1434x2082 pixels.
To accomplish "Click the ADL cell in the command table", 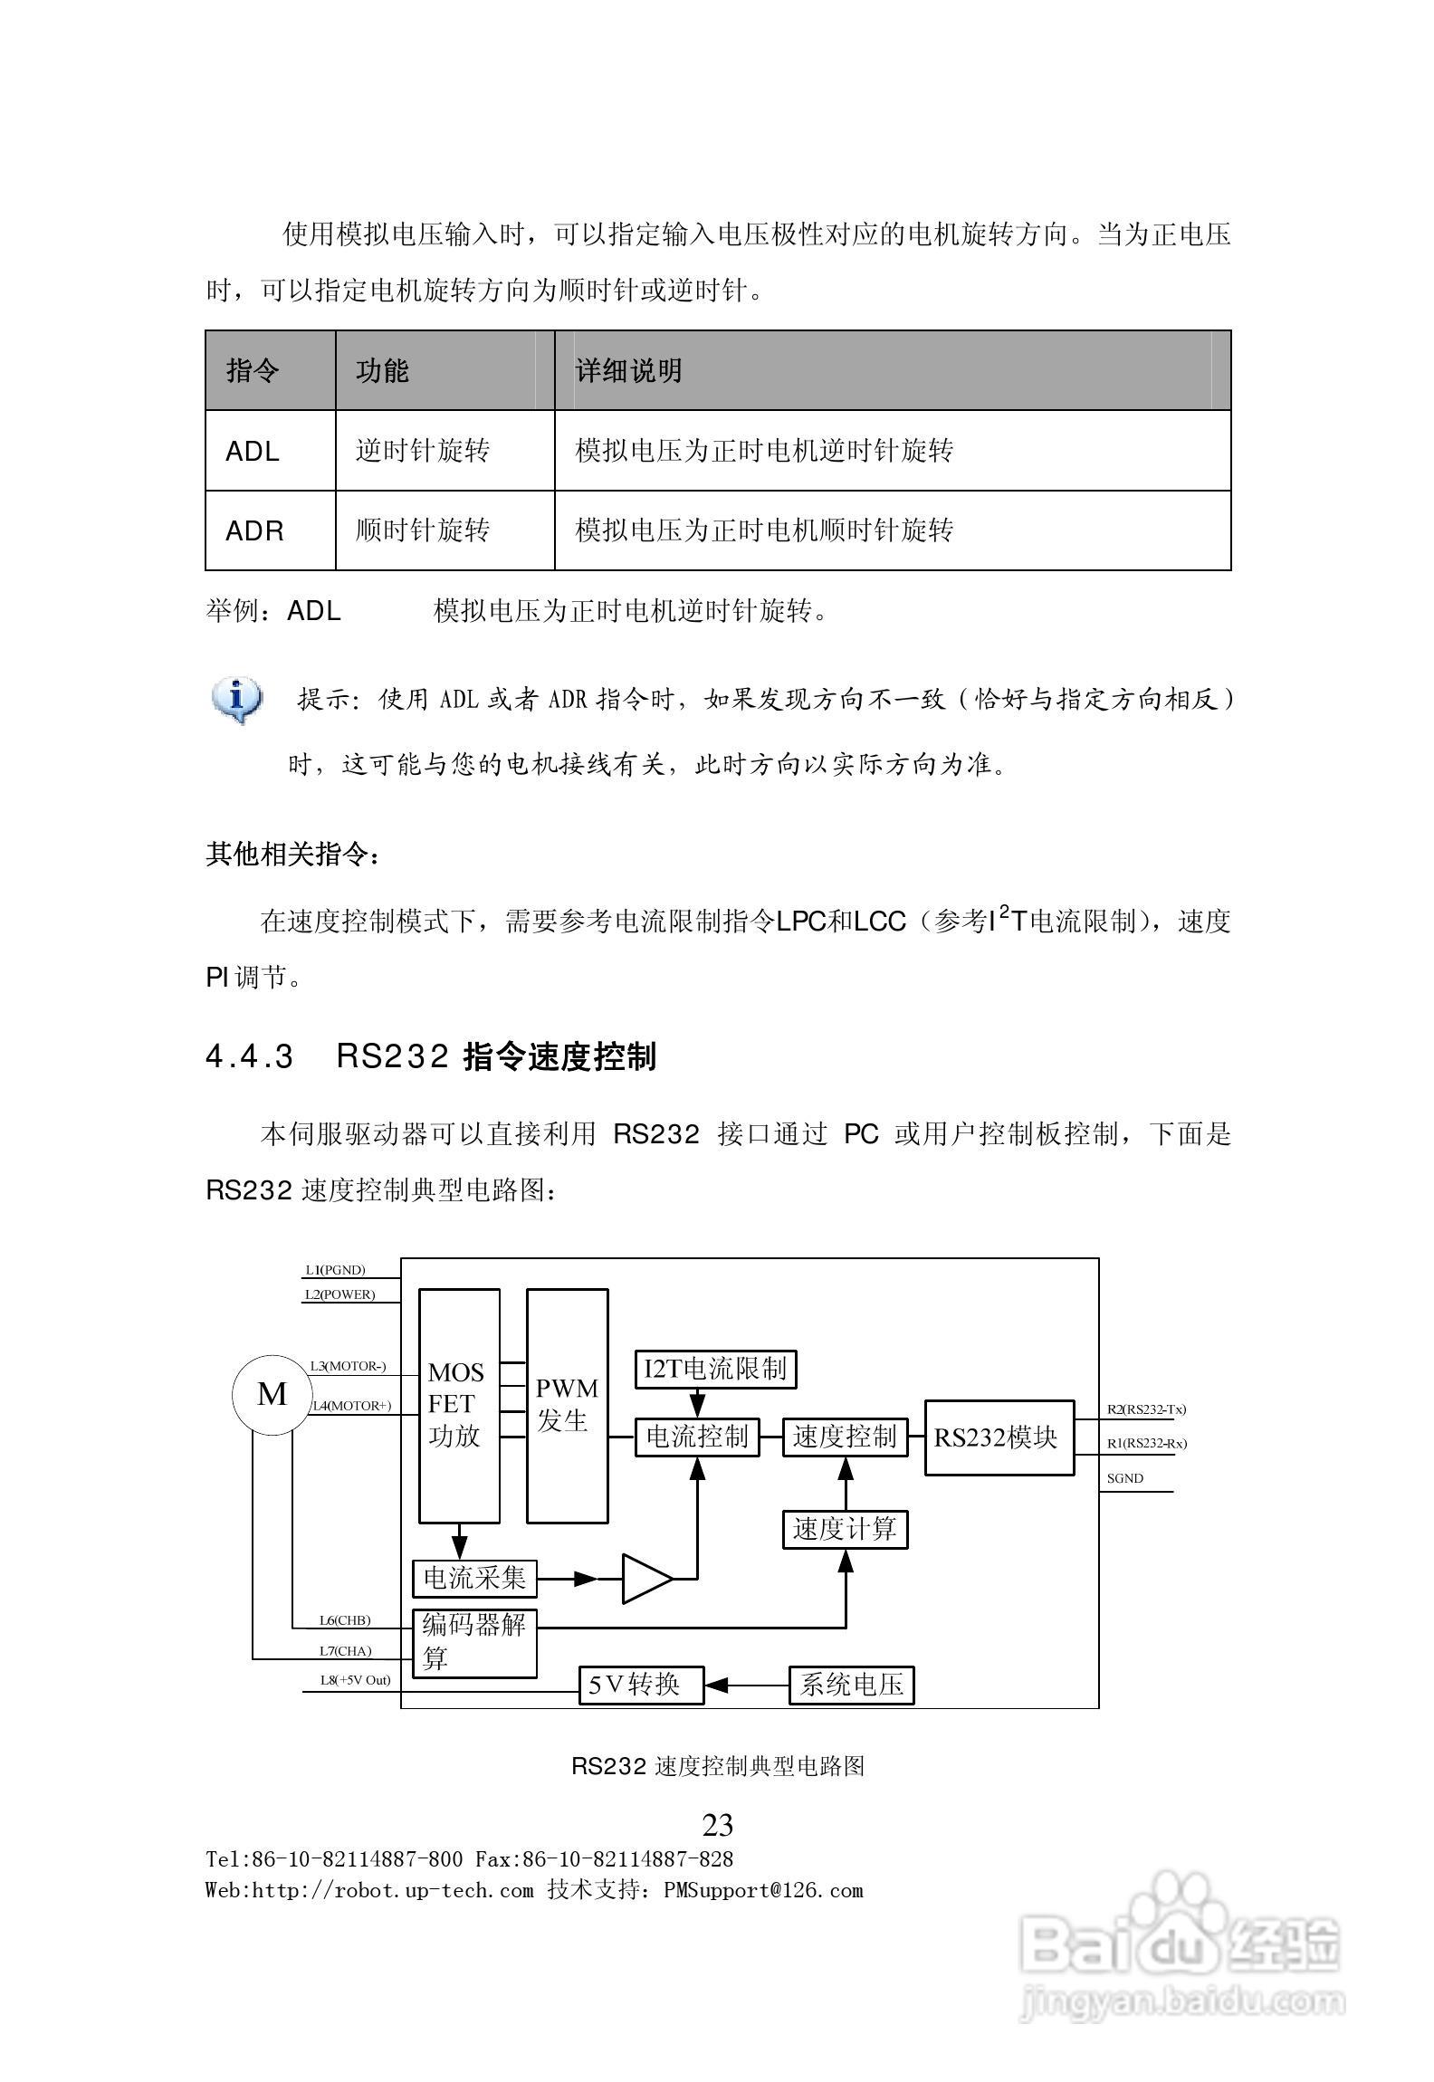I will [x=253, y=451].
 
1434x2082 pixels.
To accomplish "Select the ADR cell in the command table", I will [x=254, y=530].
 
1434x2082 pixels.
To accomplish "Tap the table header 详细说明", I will [x=629, y=370].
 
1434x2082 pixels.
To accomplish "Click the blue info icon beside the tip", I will [x=236, y=700].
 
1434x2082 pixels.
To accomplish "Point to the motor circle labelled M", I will [x=272, y=1395].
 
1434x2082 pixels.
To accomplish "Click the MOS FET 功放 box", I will [x=459, y=1406].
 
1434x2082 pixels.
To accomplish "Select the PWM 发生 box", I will [x=567, y=1406].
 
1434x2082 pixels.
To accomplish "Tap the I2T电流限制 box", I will [x=715, y=1368].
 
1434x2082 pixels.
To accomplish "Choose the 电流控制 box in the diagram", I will [x=697, y=1437].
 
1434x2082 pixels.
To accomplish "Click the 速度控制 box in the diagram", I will [x=845, y=1437].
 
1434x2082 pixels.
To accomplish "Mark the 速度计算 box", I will [x=845, y=1529].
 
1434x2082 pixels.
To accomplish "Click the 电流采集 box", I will [x=474, y=1579].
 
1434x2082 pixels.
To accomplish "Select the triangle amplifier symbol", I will [x=645, y=1579].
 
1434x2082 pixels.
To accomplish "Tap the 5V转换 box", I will [x=641, y=1685].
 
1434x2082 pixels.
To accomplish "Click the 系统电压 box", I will [x=851, y=1685].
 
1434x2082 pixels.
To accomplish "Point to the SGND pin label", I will [x=1125, y=1478].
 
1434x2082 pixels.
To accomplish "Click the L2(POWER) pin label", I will [x=339, y=1294].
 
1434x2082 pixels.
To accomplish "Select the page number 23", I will [x=718, y=1826].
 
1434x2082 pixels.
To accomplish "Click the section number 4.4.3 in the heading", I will [x=250, y=1057].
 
